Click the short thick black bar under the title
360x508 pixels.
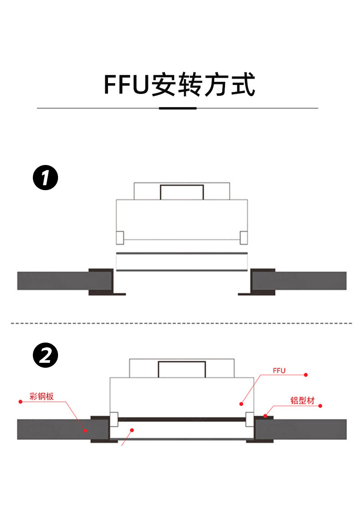click(178, 108)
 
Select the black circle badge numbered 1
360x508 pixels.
click(45, 178)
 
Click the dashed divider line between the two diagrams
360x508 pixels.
click(180, 323)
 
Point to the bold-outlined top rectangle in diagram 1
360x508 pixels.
click(182, 192)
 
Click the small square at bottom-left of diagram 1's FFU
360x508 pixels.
click(120, 238)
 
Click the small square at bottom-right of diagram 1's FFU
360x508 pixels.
click(243, 238)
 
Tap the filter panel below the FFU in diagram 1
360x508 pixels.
click(182, 262)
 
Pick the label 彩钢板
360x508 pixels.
click(41, 397)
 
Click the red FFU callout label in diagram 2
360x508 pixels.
click(279, 371)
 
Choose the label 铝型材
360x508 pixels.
click(302, 401)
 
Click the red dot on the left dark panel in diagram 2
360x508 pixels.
click(85, 430)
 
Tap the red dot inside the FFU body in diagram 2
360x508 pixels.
click(241, 404)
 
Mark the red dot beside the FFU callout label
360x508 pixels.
click(306, 374)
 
